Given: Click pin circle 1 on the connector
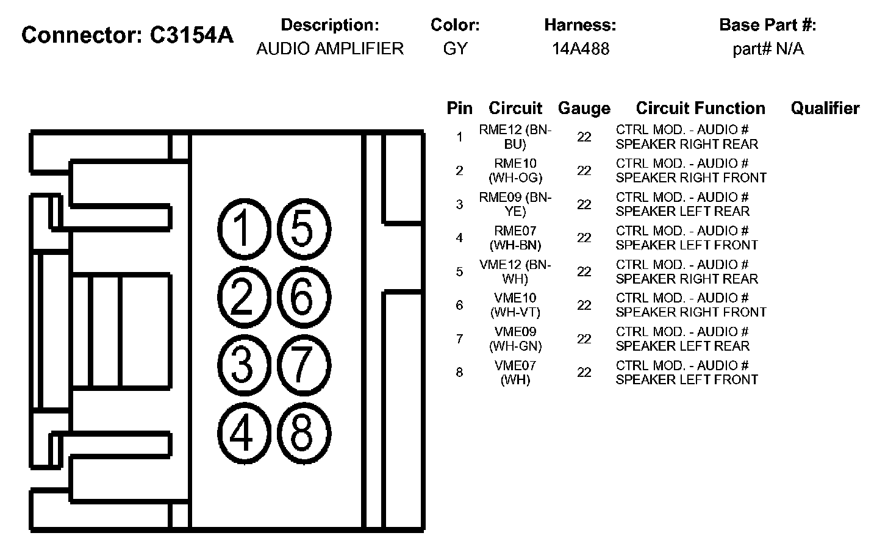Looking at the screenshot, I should click(243, 229).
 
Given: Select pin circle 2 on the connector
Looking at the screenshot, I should click(243, 298).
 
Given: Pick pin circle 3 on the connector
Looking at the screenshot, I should click(243, 365).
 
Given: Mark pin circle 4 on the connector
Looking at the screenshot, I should click(243, 434).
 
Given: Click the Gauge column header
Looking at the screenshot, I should click(584, 109).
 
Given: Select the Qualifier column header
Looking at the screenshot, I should click(825, 109).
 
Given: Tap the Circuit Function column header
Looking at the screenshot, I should click(700, 109).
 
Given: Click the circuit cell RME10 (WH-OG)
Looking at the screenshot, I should click(515, 171).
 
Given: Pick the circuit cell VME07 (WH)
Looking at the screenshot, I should click(515, 373).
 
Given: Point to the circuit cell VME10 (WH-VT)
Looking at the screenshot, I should click(515, 305).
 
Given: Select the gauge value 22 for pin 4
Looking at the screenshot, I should click(584, 238).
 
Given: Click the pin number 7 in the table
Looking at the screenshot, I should click(459, 339).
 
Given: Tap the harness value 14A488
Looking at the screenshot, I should click(580, 49).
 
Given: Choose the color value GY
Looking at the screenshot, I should click(455, 49).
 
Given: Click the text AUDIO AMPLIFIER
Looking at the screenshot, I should click(330, 49).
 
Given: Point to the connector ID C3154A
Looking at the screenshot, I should click(191, 35).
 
